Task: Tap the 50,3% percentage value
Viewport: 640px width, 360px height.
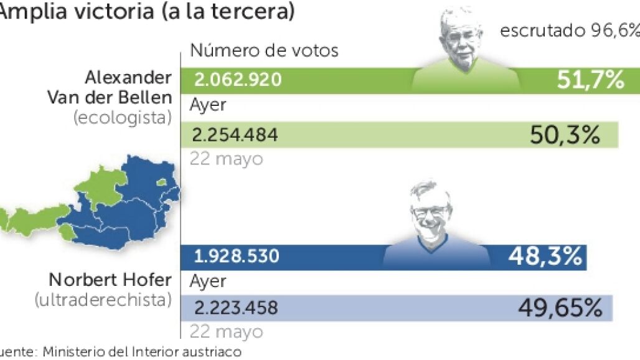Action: [565, 135]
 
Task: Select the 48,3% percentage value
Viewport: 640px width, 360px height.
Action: [545, 255]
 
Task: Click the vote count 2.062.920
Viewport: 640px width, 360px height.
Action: [237, 80]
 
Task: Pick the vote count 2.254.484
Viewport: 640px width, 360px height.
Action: [236, 135]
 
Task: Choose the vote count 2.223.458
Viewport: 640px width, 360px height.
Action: [236, 307]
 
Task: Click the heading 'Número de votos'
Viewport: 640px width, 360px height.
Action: [264, 50]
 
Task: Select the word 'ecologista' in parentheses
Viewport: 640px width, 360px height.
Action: [122, 117]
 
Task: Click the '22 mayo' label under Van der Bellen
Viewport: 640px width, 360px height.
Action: [227, 159]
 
